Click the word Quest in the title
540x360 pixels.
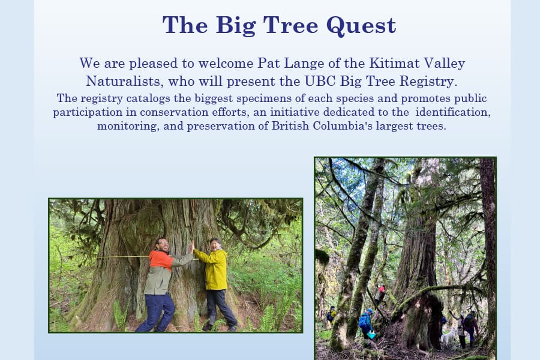(361, 25)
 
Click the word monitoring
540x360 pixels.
(128, 126)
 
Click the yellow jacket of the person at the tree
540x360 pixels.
(213, 268)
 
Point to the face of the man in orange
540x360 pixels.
(163, 245)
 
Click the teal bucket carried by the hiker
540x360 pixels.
(371, 335)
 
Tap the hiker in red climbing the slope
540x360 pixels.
(380, 294)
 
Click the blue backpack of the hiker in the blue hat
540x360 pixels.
(362, 322)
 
